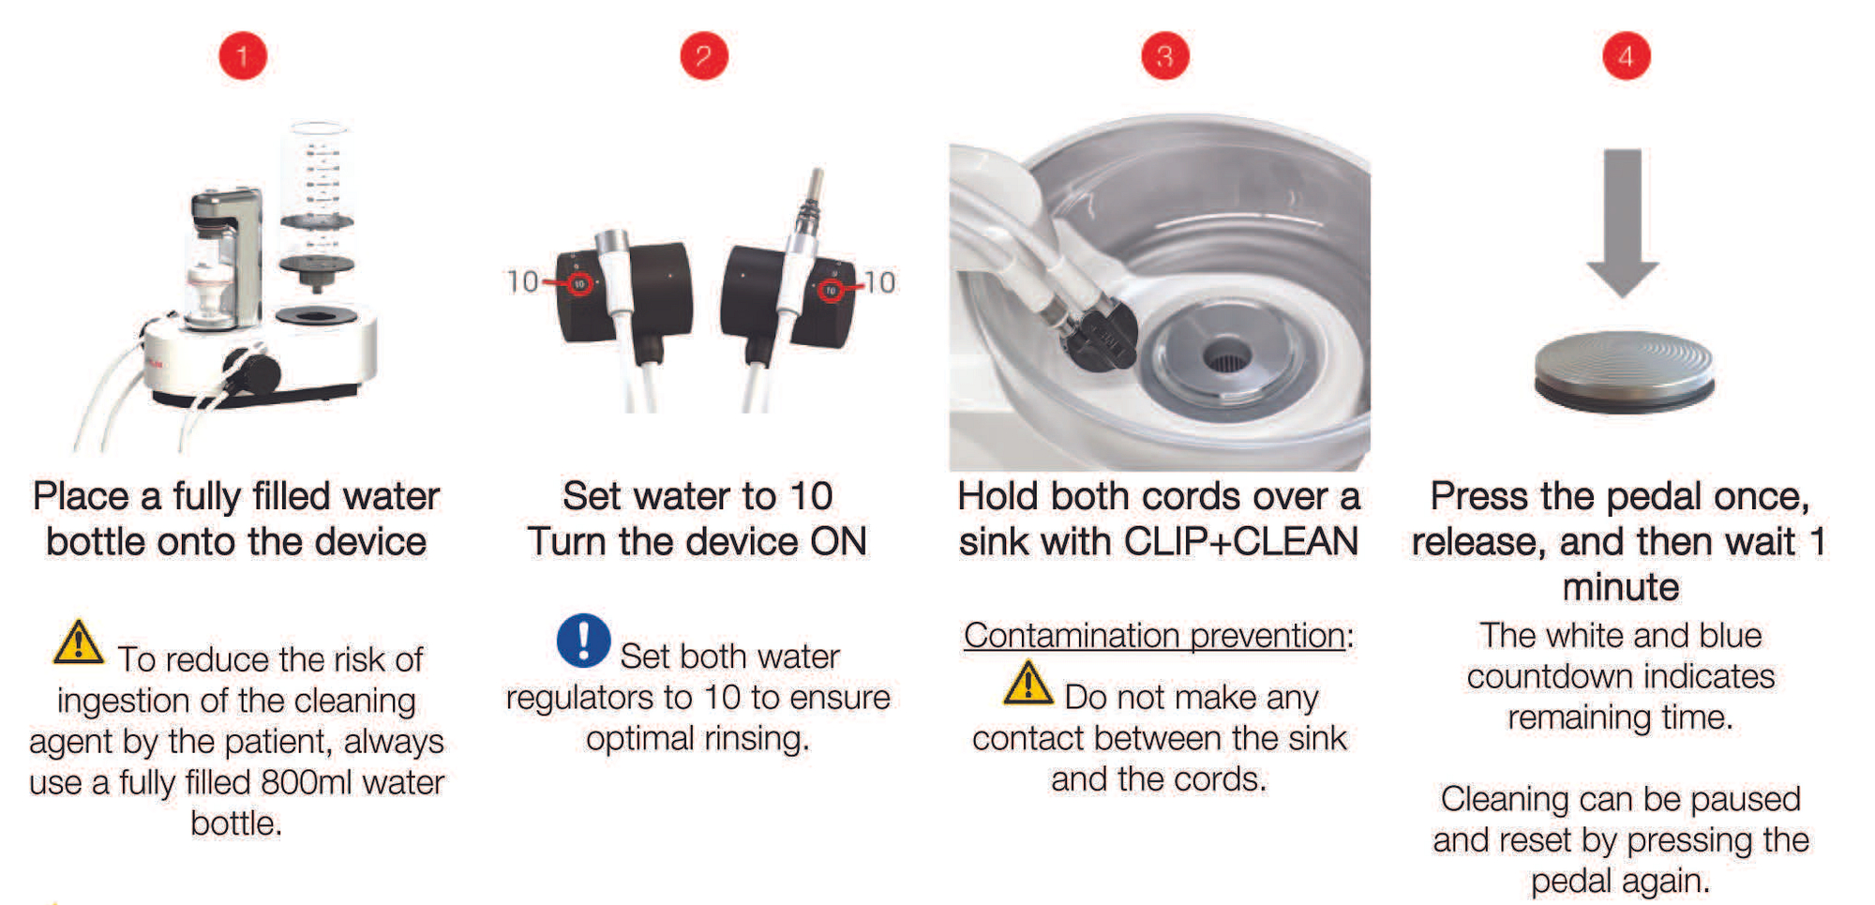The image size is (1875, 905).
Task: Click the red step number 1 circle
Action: tap(243, 56)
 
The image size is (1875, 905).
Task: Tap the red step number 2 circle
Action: tap(704, 56)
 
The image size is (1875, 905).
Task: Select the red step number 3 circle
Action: tap(1165, 56)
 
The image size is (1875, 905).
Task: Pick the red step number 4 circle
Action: tap(1627, 56)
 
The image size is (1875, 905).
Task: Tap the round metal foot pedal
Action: tap(1624, 370)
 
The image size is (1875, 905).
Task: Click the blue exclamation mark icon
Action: tap(583, 641)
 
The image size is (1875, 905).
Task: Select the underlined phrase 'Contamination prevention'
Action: tap(1154, 636)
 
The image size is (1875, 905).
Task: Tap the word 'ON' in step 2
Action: tap(838, 542)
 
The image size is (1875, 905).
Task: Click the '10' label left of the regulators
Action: tap(522, 281)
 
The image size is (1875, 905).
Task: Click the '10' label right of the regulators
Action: tap(879, 281)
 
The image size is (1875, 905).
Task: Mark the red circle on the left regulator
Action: tap(580, 284)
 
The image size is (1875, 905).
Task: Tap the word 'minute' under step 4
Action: tap(1621, 588)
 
